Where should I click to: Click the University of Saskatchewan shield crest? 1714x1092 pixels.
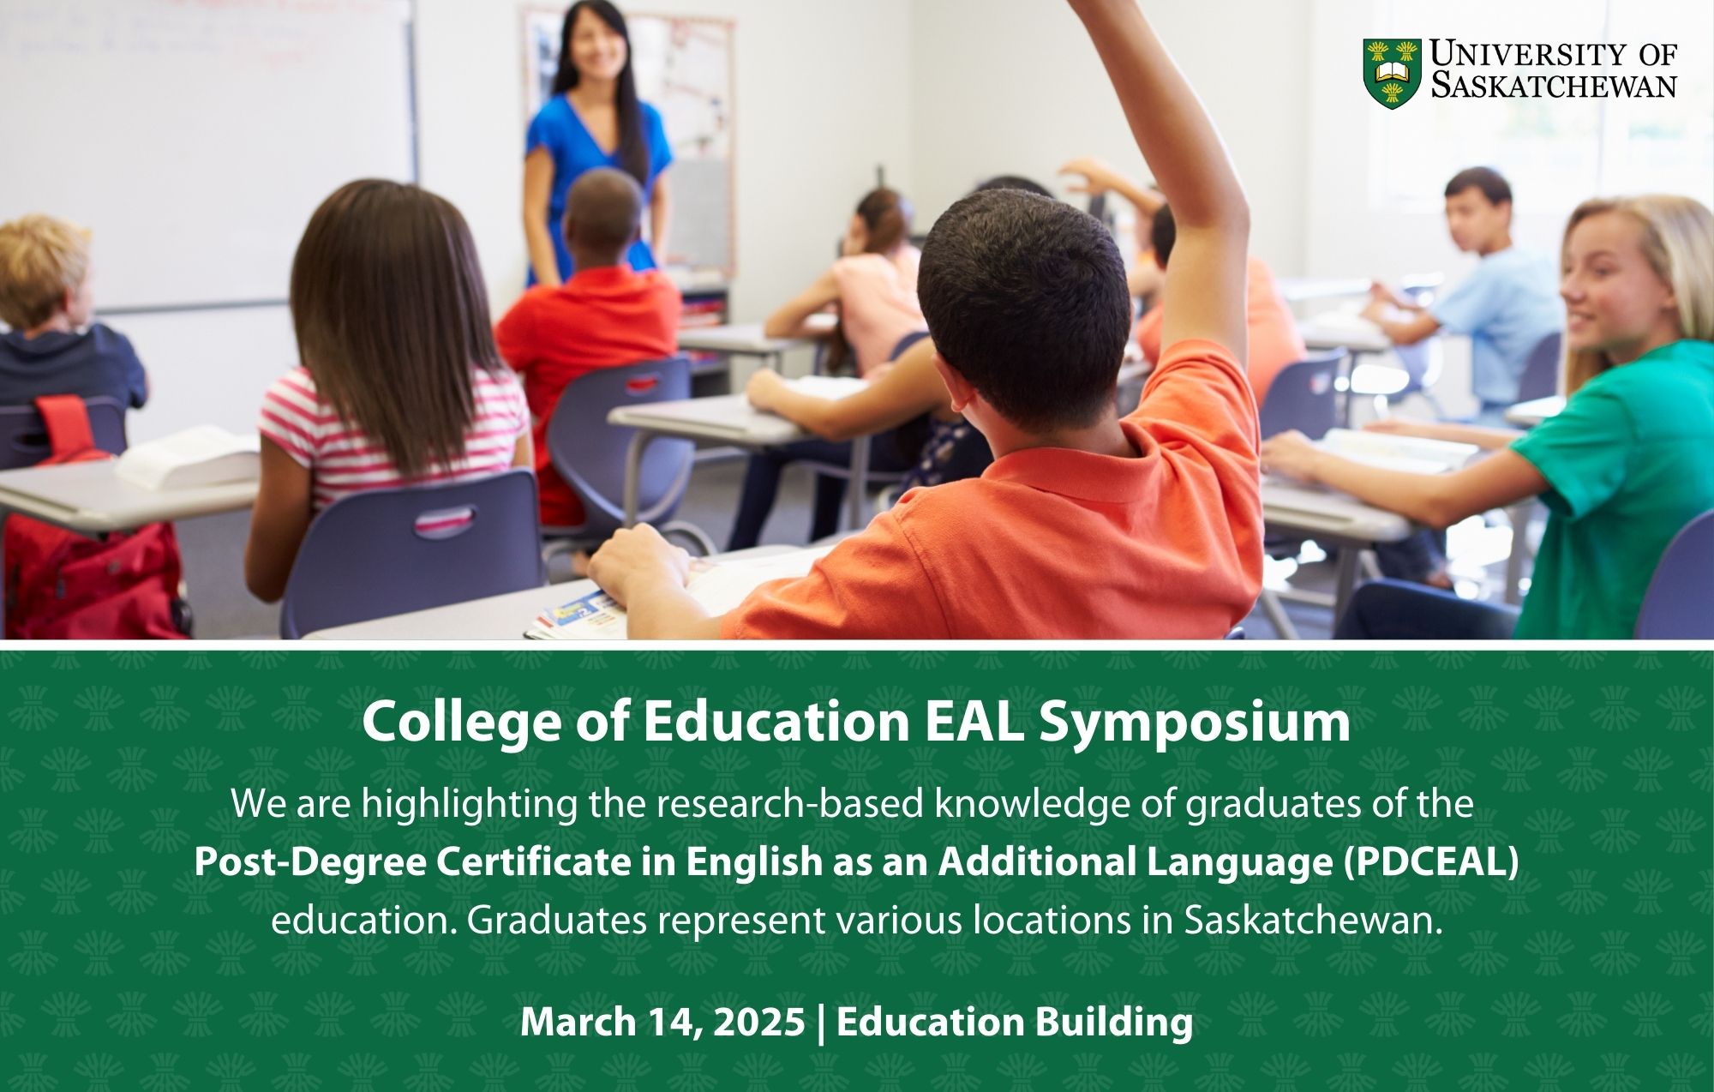click(x=1392, y=73)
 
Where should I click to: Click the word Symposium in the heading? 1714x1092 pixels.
click(x=1194, y=722)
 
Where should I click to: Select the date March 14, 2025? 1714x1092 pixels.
click(x=662, y=1022)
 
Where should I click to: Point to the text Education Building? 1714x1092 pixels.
click(x=1015, y=1022)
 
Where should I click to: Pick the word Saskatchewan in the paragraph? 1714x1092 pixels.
click(x=1309, y=921)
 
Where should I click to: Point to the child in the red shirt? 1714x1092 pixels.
click(x=591, y=326)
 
